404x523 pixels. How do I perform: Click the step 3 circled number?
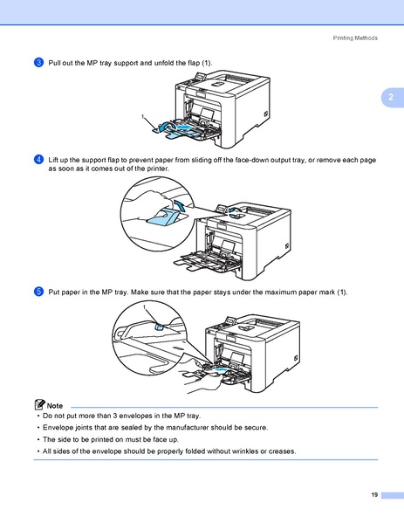[x=39, y=63]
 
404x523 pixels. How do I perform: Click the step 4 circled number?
[x=39, y=161]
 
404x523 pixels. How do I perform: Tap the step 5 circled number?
[x=39, y=291]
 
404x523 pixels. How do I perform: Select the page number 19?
[x=373, y=495]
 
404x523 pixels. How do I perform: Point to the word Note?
[x=55, y=406]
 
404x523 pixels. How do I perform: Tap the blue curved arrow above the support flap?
[x=181, y=205]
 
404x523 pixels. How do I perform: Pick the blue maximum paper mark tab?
[x=161, y=326]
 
